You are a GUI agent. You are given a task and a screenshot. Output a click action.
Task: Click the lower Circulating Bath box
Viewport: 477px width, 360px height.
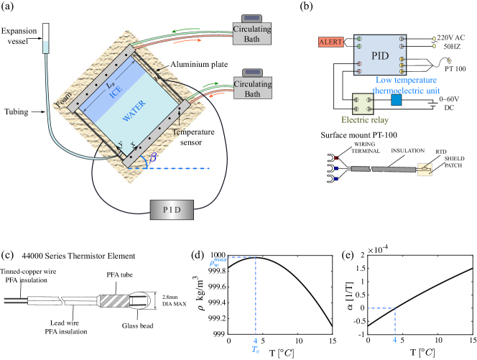pyautogui.click(x=251, y=88)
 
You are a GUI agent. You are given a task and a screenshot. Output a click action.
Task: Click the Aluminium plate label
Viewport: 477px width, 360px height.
pyautogui.click(x=194, y=64)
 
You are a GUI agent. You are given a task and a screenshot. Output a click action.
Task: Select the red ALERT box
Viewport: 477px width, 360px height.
pyautogui.click(x=331, y=42)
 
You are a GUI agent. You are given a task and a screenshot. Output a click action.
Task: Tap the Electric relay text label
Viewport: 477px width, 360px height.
pyautogui.click(x=364, y=120)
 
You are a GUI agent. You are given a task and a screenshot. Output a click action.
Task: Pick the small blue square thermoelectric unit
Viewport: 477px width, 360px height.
pyautogui.click(x=396, y=100)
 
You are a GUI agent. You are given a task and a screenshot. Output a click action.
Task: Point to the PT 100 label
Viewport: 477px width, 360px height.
pyautogui.click(x=455, y=69)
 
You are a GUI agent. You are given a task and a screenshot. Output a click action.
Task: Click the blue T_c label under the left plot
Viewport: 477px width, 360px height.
pyautogui.click(x=255, y=349)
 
